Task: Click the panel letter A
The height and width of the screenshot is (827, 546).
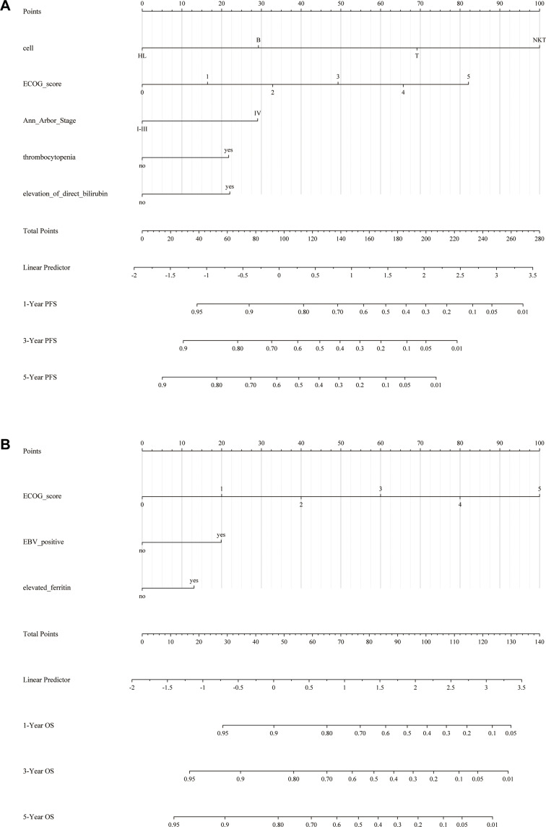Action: click(x=6, y=7)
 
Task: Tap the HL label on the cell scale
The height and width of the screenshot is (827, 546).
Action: click(x=142, y=56)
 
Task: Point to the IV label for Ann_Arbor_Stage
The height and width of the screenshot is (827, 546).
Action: click(x=257, y=113)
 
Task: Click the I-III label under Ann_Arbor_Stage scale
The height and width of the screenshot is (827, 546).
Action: click(x=142, y=129)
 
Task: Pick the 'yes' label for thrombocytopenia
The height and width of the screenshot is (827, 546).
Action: click(x=228, y=150)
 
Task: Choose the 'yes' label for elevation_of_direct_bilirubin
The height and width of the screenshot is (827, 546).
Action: click(x=230, y=187)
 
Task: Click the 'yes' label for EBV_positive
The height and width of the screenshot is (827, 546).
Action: click(x=221, y=535)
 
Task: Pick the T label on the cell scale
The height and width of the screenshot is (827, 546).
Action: click(x=417, y=56)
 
